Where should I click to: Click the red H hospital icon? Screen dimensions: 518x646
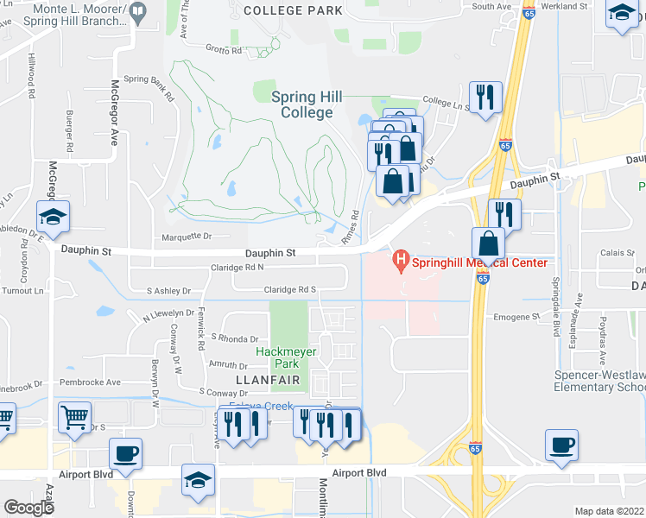(400, 258)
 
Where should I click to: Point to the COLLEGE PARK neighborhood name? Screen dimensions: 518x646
(293, 10)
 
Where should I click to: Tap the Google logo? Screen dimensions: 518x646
(28, 508)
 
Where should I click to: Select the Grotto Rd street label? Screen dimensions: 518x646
(224, 50)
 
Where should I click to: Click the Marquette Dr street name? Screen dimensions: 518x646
(187, 236)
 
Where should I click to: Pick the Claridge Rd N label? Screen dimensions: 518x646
(237, 268)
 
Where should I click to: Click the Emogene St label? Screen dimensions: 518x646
(516, 318)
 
